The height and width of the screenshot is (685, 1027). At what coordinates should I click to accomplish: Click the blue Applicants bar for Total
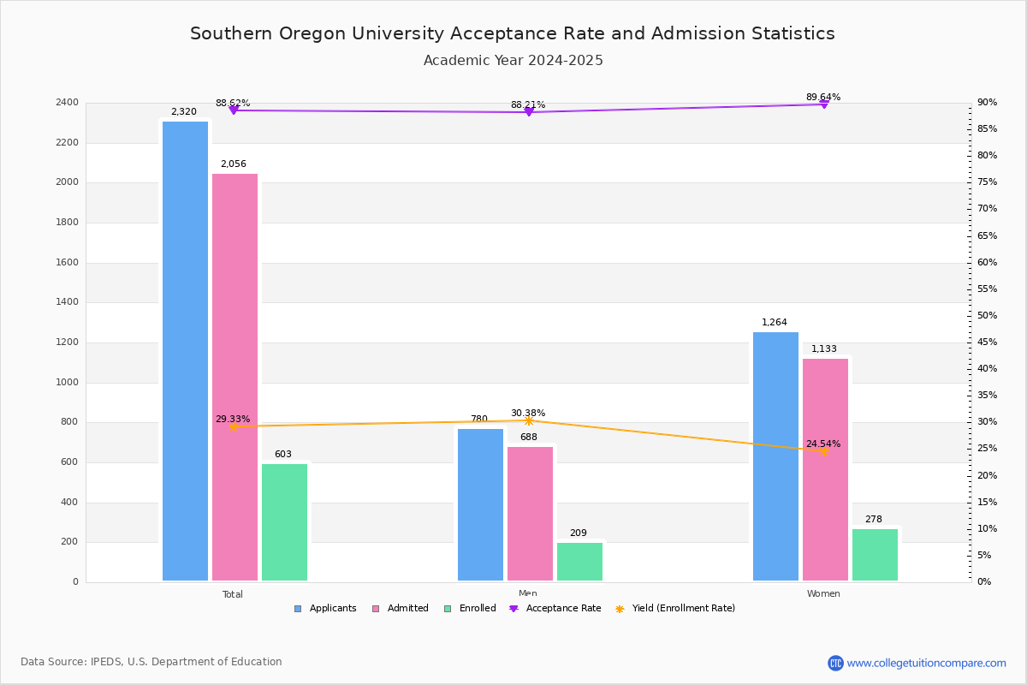coord(185,351)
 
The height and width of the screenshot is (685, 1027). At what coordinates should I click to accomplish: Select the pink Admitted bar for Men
coord(530,514)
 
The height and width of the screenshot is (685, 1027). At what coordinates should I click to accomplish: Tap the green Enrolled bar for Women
coord(875,555)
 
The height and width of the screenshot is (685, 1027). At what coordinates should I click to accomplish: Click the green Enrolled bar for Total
coord(284,522)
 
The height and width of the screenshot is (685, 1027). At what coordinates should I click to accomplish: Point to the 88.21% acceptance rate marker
coord(528,112)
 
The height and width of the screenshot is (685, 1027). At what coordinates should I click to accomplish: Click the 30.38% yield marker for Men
coord(528,420)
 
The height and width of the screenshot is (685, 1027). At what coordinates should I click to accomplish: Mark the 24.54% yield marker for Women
coord(823,451)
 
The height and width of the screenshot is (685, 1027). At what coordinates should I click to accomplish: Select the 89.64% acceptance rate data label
coord(822,98)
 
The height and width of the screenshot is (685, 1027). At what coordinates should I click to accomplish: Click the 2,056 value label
coord(233,164)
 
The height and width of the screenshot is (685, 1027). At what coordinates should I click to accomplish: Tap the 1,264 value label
coord(774,323)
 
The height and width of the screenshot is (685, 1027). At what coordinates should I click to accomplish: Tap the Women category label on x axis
coord(822,594)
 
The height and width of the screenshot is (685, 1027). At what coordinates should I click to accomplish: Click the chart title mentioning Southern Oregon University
coord(512,34)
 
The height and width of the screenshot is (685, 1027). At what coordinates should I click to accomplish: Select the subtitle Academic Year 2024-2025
coord(513,61)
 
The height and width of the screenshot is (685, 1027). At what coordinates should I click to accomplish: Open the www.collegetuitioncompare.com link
coord(925,663)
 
